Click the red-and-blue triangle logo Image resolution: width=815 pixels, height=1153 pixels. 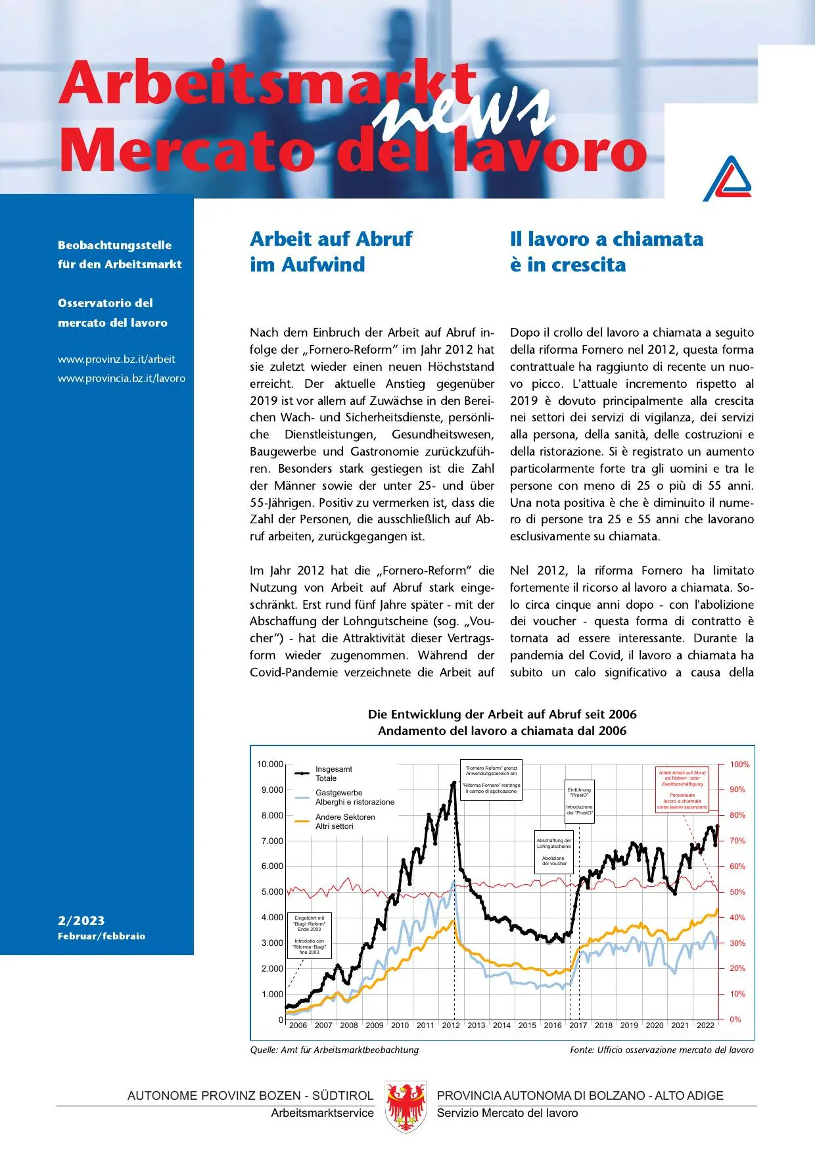point(728,178)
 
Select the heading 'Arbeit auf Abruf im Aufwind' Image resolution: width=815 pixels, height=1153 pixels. point(331,251)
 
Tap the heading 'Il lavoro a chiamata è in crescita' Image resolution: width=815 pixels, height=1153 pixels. point(606,251)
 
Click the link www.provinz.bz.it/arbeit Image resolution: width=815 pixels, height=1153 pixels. point(116,359)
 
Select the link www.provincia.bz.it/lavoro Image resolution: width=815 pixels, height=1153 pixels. point(122,379)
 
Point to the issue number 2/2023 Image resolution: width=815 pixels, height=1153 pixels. point(81,920)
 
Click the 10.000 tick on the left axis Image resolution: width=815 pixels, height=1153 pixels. point(269,765)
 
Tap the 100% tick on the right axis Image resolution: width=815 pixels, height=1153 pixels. point(739,765)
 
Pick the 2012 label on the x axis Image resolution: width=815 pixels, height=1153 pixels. point(451,1025)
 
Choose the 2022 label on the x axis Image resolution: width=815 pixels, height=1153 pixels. point(705,1025)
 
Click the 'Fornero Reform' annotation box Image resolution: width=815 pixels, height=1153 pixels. point(491,780)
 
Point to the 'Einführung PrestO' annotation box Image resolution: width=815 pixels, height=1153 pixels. point(579,801)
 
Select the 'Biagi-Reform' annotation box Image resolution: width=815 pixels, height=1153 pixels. point(309,935)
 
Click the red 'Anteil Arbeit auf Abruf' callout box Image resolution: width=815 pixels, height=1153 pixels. point(682,789)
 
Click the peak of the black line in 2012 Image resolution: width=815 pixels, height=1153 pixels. point(454,783)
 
